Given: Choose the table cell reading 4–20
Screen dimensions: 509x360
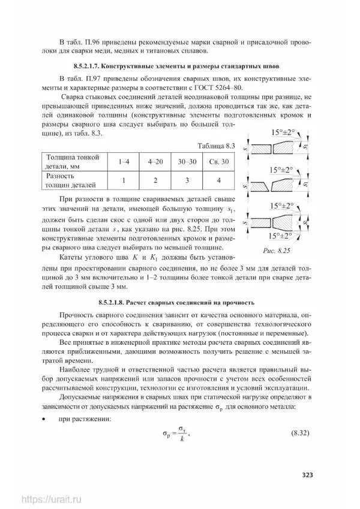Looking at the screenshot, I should tap(155, 162).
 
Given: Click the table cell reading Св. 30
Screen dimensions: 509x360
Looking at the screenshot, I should tap(218, 162).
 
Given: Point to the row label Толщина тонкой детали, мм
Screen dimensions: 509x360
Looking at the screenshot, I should tap(72, 162).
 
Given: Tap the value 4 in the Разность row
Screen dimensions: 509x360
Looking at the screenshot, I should tap(218, 182).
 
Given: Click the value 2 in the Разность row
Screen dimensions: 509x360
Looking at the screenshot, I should tap(155, 182).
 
